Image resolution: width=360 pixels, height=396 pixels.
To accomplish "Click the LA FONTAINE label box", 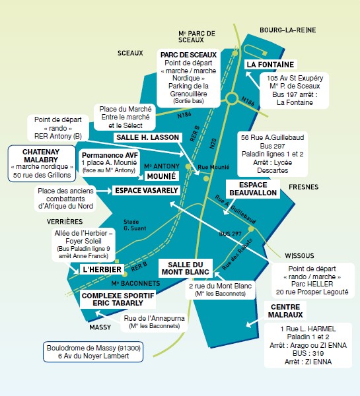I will (270, 65).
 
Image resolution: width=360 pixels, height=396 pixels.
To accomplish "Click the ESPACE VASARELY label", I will (146, 190).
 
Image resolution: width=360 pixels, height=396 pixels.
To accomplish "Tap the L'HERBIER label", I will (99, 270).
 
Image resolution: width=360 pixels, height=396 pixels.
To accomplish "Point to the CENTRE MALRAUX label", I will (286, 311).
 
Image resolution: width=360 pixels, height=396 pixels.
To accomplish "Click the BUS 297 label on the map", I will (231, 234).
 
